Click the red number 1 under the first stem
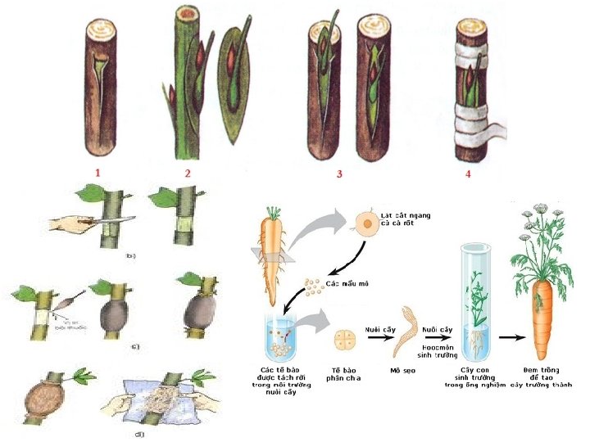(x=97, y=173)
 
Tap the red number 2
(x=187, y=173)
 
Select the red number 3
(x=338, y=174)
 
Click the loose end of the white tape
(x=501, y=129)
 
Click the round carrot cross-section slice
(x=366, y=229)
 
